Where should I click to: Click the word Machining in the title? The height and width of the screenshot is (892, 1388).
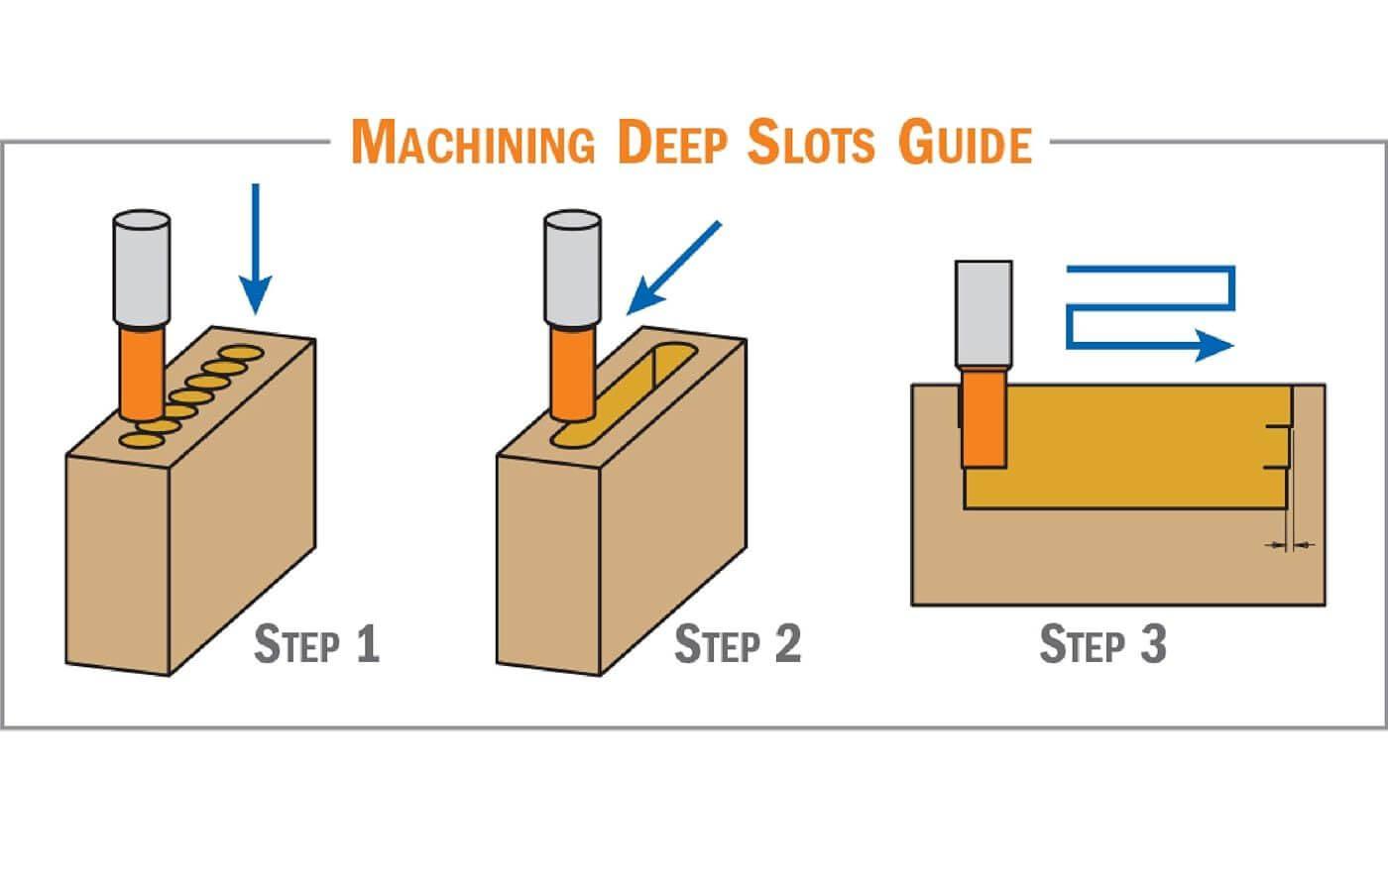[x=473, y=143]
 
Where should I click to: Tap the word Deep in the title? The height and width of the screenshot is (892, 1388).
[x=672, y=143]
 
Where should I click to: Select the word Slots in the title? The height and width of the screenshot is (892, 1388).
[x=811, y=143]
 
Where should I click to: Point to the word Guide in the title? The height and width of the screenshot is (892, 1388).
[x=965, y=143]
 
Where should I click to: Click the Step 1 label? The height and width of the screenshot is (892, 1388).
[x=317, y=644]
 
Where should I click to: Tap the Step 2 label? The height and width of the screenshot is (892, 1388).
[x=738, y=644]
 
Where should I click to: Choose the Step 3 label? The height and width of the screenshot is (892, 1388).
[x=1102, y=644]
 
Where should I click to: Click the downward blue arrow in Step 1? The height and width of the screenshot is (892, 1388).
[x=256, y=248]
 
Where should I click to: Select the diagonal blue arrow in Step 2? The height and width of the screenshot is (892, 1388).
[x=674, y=268]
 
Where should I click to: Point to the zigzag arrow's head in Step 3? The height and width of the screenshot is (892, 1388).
[x=1214, y=346]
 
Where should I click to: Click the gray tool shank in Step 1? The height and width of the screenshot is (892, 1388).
[x=142, y=268]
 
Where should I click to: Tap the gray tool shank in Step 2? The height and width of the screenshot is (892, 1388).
[x=572, y=268]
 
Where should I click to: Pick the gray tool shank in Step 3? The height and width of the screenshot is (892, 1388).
[x=983, y=312]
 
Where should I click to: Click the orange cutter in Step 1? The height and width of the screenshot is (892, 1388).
[x=140, y=372]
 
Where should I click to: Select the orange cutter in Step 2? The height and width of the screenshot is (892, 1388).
[x=571, y=372]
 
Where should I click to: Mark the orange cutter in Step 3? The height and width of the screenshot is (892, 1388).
[x=984, y=416]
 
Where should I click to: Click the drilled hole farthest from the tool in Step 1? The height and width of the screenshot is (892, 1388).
[x=239, y=353]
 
